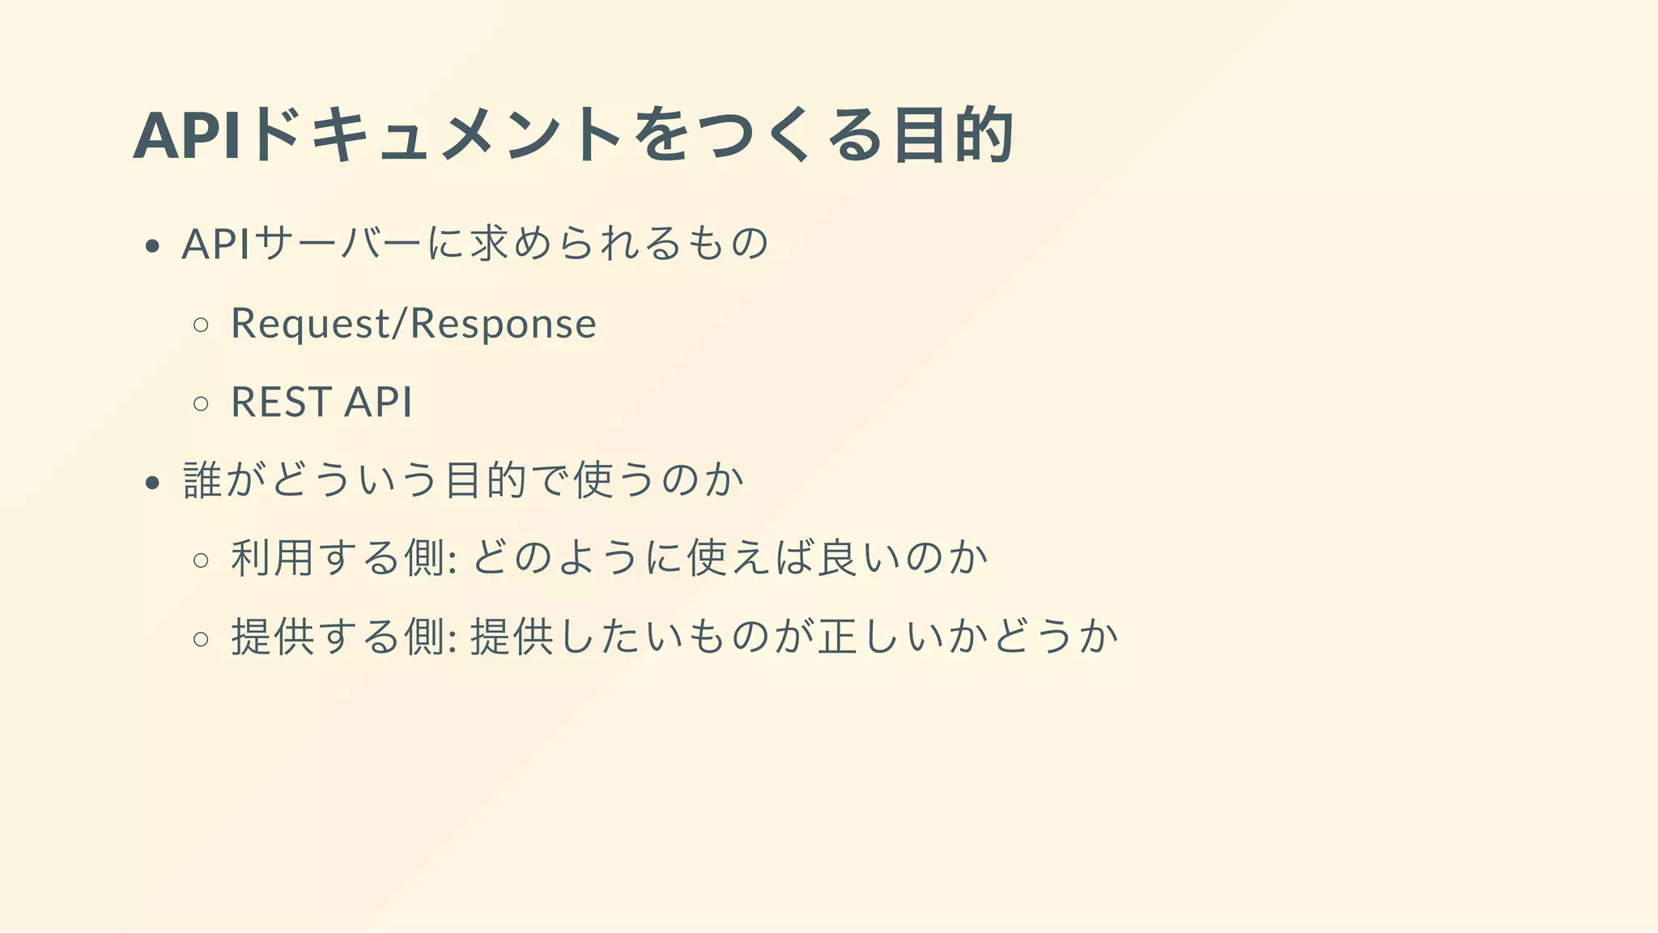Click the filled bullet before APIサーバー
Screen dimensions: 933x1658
click(x=152, y=246)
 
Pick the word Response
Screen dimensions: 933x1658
click(x=504, y=324)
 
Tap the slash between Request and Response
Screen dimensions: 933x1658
click(x=400, y=324)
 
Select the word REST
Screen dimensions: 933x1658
click(x=281, y=403)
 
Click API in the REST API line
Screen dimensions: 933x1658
click(x=379, y=403)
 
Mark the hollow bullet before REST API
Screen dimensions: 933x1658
click(x=202, y=403)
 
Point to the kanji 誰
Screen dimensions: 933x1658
click(x=202, y=479)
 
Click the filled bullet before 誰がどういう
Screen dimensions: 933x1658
click(x=152, y=484)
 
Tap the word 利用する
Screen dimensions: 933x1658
click(x=316, y=558)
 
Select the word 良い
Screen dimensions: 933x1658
click(x=860, y=558)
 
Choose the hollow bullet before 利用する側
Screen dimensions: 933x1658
click(x=202, y=560)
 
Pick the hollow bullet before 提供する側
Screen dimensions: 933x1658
click(x=202, y=638)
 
